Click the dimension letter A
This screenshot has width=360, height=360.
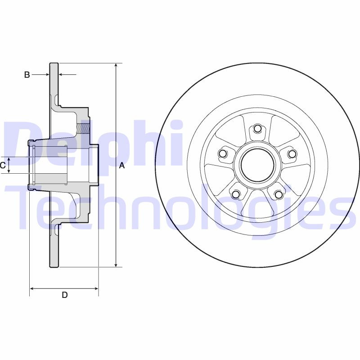click(121, 166)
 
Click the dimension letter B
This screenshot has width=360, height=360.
click(27, 75)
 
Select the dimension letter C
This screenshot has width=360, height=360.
click(3, 166)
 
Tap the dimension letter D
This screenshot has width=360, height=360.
click(64, 295)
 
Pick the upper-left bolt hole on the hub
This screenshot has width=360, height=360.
click(222, 154)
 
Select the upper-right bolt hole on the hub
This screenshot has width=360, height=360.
click(292, 154)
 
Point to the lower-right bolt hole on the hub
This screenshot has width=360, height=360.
click(279, 194)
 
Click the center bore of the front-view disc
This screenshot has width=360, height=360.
click(257, 164)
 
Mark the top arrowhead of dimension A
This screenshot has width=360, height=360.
click(116, 66)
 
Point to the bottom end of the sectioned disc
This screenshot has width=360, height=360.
click(54, 265)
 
